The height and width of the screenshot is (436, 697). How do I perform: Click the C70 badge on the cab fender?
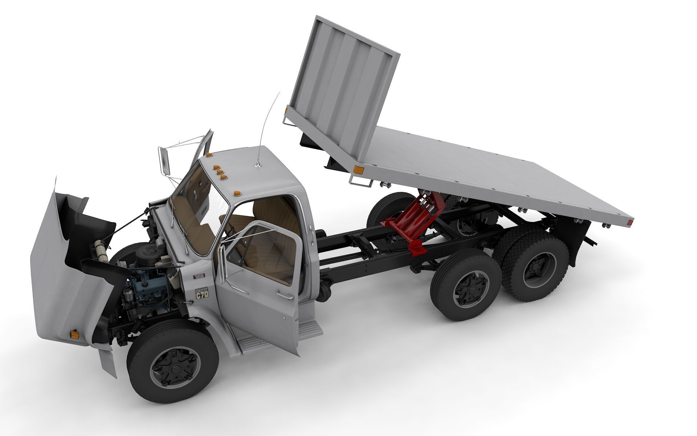click(x=202, y=294)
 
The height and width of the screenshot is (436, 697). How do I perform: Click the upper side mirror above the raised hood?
click(x=164, y=162)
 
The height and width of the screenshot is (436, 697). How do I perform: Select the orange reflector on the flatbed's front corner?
click(x=358, y=170)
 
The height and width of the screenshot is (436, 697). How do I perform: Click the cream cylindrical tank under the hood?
click(x=101, y=251)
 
